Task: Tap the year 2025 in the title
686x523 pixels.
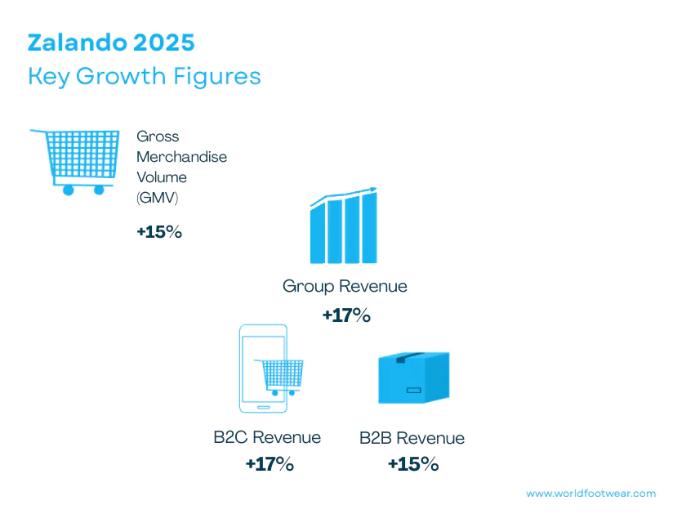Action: pos(168,42)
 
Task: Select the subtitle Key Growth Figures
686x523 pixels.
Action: pos(145,76)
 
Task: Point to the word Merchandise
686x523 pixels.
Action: pos(181,156)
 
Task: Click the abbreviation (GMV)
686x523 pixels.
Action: pos(157,197)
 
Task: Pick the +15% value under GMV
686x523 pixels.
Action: pos(159,232)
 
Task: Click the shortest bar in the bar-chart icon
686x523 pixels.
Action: pos(317,235)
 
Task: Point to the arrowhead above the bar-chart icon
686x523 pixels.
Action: pos(373,190)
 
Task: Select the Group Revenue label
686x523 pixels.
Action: pos(345,286)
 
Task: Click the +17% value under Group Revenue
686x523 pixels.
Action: pos(346,315)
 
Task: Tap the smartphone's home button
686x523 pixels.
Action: pos(263,406)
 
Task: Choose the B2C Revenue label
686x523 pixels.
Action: pos(267,437)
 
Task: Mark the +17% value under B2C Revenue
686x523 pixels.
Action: pos(269,465)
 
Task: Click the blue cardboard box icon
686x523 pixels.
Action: pos(413,377)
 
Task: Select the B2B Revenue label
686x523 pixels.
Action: pos(412,438)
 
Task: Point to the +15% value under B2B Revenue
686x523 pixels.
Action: pos(412,465)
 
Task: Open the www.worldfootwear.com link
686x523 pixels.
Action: pos(590,494)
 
